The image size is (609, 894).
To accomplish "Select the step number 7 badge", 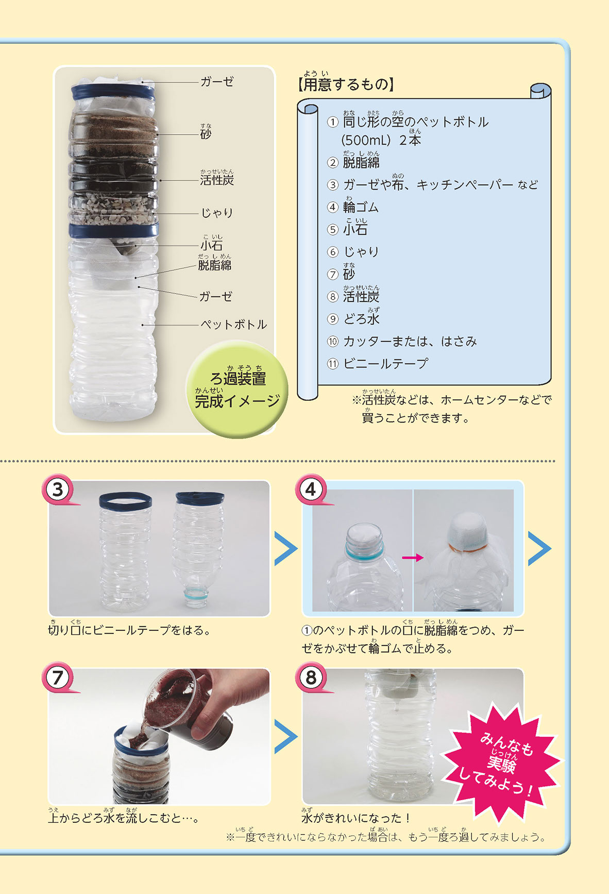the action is (58, 677).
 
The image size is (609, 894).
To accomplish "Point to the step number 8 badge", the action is (311, 677).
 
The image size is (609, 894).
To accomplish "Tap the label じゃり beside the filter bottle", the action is (217, 213).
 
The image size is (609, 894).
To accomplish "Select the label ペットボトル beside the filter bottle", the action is (234, 324).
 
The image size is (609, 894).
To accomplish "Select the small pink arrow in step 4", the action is (413, 557).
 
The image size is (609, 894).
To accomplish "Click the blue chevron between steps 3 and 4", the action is (286, 548).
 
